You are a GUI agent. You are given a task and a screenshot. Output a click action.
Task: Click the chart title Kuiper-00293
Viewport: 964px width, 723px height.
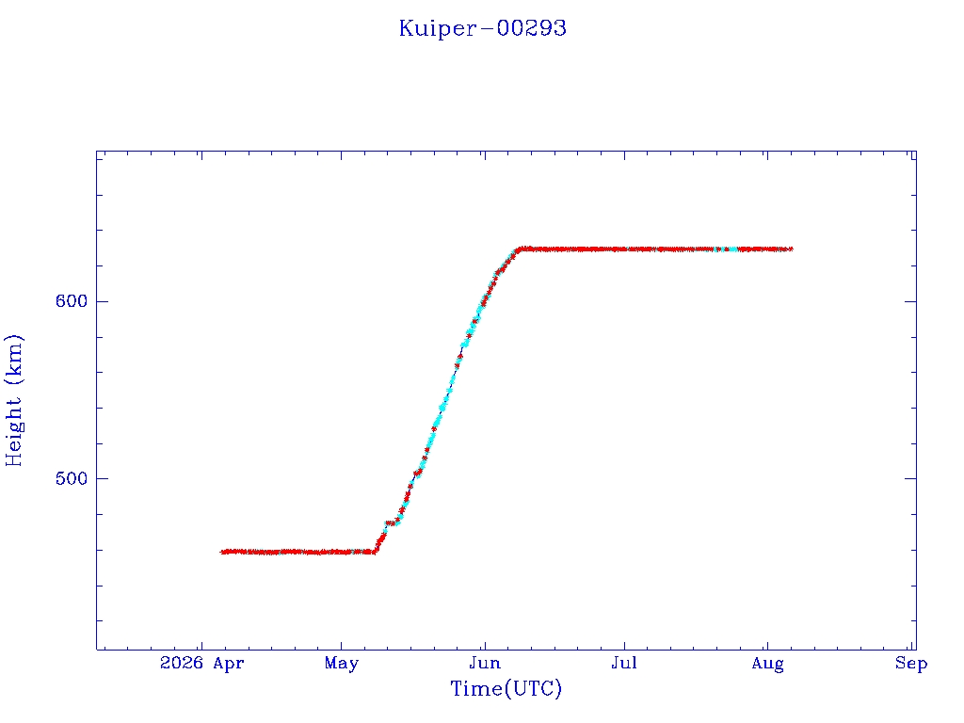pos(483,28)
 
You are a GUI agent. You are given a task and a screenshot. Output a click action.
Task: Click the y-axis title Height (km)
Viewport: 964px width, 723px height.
pos(13,400)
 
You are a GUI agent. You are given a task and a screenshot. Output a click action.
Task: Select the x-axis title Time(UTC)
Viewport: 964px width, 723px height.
pos(506,688)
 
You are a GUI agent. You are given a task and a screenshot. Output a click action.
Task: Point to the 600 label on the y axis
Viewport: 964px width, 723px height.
pos(72,301)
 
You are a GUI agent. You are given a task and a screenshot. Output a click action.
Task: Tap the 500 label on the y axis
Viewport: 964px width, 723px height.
pos(72,478)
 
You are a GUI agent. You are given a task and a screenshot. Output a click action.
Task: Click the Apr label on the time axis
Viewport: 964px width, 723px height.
pos(229,664)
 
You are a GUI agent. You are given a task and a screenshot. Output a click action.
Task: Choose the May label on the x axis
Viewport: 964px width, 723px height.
pos(341,664)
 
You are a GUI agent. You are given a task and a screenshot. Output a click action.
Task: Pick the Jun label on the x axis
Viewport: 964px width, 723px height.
pos(485,664)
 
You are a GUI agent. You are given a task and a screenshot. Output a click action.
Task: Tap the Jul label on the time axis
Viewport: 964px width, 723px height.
pos(624,664)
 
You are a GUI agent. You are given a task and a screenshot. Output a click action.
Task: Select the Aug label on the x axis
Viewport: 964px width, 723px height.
pos(767,665)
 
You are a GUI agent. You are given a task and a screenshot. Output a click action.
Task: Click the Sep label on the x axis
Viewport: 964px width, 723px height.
pos(911,664)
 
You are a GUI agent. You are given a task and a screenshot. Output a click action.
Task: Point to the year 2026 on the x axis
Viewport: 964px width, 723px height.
pos(182,664)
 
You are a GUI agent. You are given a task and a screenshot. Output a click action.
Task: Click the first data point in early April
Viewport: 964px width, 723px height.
pos(222,552)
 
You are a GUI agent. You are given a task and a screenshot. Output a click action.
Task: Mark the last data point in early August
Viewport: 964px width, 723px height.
pos(791,249)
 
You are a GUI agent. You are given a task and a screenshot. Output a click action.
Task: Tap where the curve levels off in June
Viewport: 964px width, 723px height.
pos(520,249)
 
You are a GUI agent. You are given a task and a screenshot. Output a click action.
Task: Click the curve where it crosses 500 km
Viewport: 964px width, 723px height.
pos(413,478)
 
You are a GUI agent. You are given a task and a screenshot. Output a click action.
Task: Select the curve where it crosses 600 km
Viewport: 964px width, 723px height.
pos(483,301)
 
